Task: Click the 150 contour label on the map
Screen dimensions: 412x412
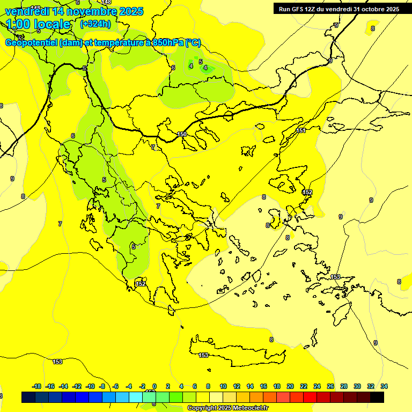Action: pyautogui.click(x=182, y=134)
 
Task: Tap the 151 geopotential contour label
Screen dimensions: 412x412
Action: pyautogui.click(x=301, y=130)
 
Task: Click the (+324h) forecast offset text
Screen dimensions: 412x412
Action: pyautogui.click(x=95, y=24)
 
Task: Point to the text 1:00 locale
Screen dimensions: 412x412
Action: pyautogui.click(x=39, y=24)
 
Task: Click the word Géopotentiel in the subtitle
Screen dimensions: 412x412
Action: pyautogui.click(x=31, y=43)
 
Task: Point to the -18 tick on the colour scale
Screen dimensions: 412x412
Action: pyautogui.click(x=36, y=386)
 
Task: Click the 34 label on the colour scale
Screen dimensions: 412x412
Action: pyautogui.click(x=384, y=386)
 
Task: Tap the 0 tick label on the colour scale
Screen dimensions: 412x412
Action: pyautogui.click(x=154, y=386)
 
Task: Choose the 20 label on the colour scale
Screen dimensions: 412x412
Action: pyautogui.click(x=290, y=386)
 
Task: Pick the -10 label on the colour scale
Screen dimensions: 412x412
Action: pyautogui.click(x=90, y=386)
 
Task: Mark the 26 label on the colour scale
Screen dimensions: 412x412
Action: pyautogui.click(x=330, y=386)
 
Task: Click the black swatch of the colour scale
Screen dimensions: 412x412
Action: pyautogui.click(x=377, y=397)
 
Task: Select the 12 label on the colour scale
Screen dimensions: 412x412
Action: pyautogui.click(x=237, y=386)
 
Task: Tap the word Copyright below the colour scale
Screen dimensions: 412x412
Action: pyautogui.click(x=203, y=408)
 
